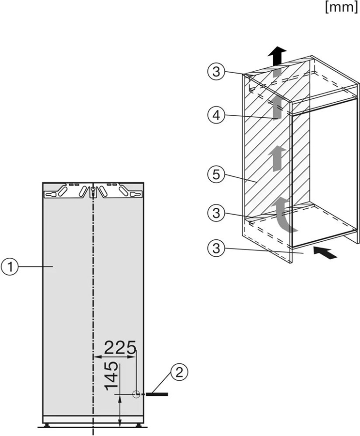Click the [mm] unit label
click(341, 7)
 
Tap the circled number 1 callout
click(10, 267)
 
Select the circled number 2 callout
click(179, 373)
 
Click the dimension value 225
click(120, 347)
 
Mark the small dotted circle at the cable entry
click(136, 394)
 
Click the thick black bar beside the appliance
click(157, 394)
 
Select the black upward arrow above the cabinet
click(277, 56)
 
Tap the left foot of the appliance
click(47, 425)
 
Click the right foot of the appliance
click(138, 425)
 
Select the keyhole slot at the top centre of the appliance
click(93, 191)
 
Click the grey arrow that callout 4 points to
click(277, 109)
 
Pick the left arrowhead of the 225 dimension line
click(97, 356)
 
